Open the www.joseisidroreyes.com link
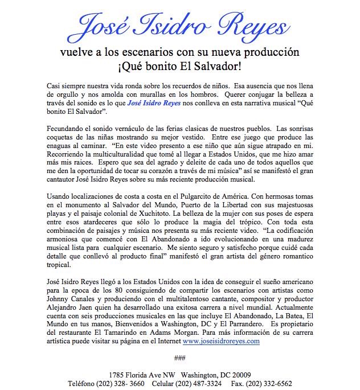pyautogui.click(x=221, y=341)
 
